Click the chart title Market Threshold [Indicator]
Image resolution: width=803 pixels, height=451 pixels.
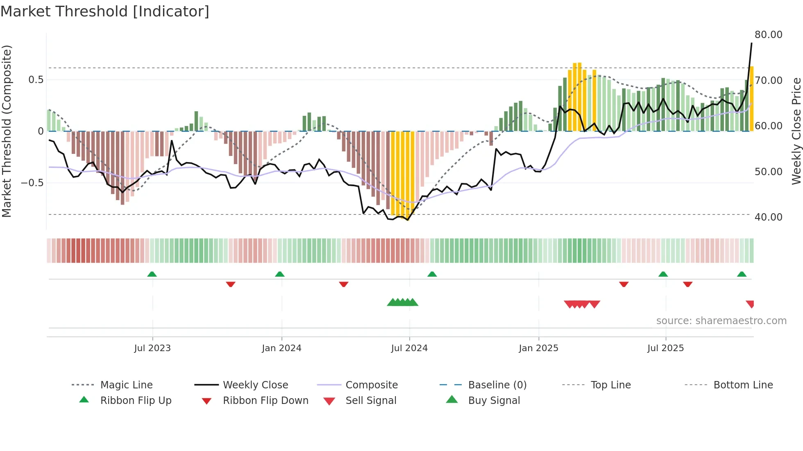point(105,11)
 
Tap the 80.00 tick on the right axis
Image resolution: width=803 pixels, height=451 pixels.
point(768,35)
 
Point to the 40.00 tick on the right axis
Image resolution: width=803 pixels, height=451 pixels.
point(768,217)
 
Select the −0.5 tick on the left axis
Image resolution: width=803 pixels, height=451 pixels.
point(32,183)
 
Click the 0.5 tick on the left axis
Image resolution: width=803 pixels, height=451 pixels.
point(36,80)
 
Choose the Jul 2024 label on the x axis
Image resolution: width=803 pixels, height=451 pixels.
point(409,348)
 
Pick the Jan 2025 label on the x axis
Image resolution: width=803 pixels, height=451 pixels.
point(538,348)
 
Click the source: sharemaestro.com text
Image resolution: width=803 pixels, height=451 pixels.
point(721,321)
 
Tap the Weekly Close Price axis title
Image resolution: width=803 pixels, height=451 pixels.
point(796,131)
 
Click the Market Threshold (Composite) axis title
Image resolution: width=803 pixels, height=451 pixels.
point(7,131)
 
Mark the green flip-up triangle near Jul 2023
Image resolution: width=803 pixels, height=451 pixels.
point(152,274)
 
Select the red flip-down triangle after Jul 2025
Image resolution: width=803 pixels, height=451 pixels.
point(687,284)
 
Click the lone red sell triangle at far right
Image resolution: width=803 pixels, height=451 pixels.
point(750,304)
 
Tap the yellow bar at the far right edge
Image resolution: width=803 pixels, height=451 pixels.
point(751,98)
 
